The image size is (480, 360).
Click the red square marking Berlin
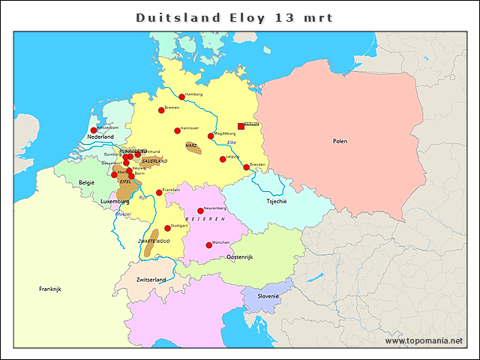coord(241,126)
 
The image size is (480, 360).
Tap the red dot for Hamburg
coord(181,96)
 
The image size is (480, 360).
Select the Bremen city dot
coord(161,110)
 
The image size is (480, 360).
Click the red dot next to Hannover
coord(178,130)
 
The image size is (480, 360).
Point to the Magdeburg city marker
coord(211,136)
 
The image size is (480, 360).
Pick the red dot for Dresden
coord(247,167)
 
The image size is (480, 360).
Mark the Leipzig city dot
coord(223,159)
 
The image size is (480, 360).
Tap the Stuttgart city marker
coord(167,228)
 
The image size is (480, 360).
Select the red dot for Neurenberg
coord(200,211)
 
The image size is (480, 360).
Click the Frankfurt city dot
coord(159,193)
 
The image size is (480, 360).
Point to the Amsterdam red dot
coord(94,130)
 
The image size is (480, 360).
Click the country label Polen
coord(340,141)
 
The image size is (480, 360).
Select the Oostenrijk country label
coord(240,257)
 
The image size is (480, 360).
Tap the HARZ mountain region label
coord(191,144)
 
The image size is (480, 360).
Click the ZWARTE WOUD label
coord(154,241)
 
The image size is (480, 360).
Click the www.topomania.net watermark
coord(424,340)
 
